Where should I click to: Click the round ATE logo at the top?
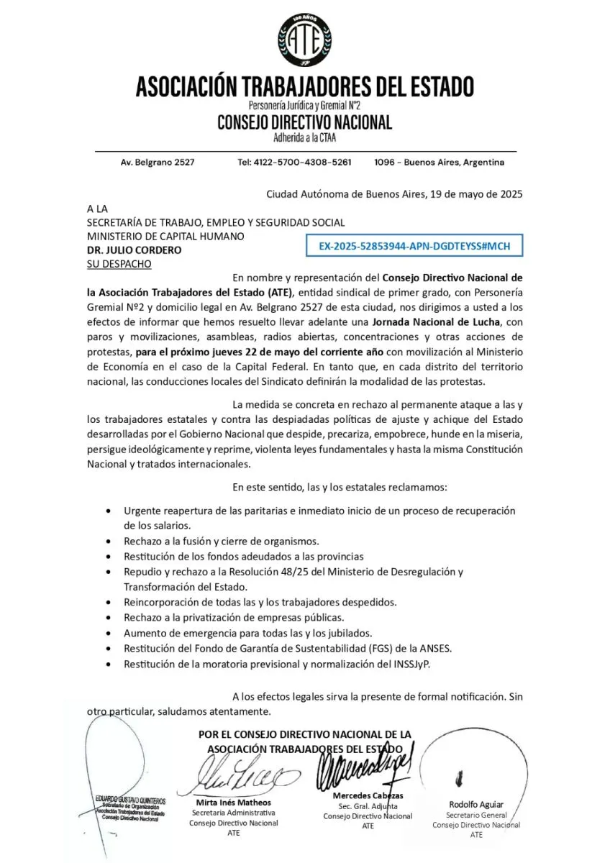[304, 40]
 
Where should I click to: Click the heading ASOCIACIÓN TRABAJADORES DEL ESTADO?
[304, 87]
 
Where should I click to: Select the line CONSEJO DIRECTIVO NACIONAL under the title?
[304, 122]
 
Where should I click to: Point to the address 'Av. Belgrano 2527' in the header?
[157, 163]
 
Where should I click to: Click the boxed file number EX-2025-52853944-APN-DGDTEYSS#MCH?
[414, 246]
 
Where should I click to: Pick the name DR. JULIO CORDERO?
[134, 250]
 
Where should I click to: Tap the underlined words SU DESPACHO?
[119, 264]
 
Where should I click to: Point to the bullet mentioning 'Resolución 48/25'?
[293, 572]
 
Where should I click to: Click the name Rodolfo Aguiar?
[476, 804]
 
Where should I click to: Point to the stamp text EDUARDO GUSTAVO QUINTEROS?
[129, 800]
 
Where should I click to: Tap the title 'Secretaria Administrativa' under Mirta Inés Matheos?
[233, 813]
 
